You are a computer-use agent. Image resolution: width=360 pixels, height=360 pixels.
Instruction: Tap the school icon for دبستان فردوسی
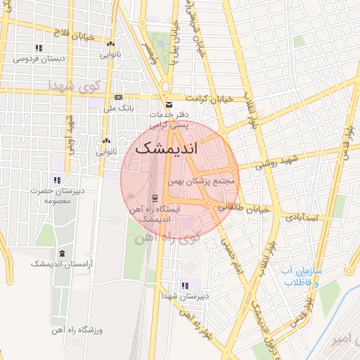point(39,48)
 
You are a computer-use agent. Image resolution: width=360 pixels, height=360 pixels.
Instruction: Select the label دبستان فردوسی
point(39,59)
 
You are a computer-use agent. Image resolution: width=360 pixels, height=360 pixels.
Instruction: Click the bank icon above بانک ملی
point(117,97)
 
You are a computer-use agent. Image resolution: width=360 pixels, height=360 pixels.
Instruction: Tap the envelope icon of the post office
point(168,105)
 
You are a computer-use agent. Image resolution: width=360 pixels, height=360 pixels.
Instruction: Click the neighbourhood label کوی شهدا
point(75,85)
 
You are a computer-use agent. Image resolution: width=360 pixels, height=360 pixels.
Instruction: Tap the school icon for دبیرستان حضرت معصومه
point(56,180)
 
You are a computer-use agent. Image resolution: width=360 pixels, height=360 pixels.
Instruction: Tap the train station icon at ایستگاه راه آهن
point(154,198)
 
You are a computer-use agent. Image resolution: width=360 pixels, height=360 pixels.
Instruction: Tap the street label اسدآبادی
point(307,218)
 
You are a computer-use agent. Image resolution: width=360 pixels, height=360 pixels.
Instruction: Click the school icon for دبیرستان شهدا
point(184,285)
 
